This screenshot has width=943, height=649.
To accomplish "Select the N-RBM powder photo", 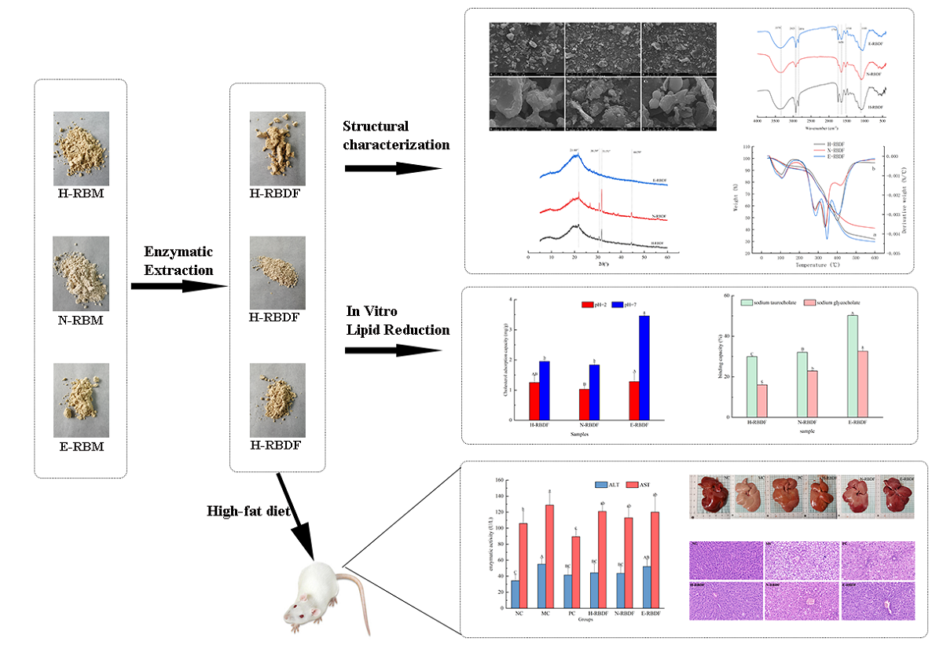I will point(81,270).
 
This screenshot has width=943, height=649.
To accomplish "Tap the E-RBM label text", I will point(80,447).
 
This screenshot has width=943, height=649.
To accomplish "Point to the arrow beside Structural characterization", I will point(393,168).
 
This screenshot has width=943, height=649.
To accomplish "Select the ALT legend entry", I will point(607,485).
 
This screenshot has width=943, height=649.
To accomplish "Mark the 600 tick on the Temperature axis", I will point(874,257).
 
